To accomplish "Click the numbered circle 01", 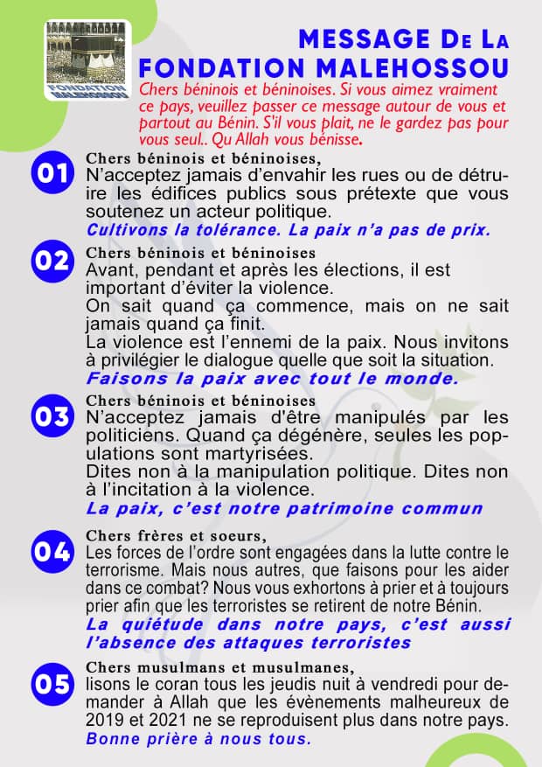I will [x=52, y=171].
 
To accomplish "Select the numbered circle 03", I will [x=52, y=416].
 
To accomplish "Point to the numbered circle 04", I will [x=52, y=552].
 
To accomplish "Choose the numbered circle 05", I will [x=52, y=683].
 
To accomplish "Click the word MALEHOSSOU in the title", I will [x=412, y=67].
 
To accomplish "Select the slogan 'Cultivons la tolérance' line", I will [x=288, y=230].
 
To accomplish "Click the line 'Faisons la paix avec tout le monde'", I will [x=272, y=379].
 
